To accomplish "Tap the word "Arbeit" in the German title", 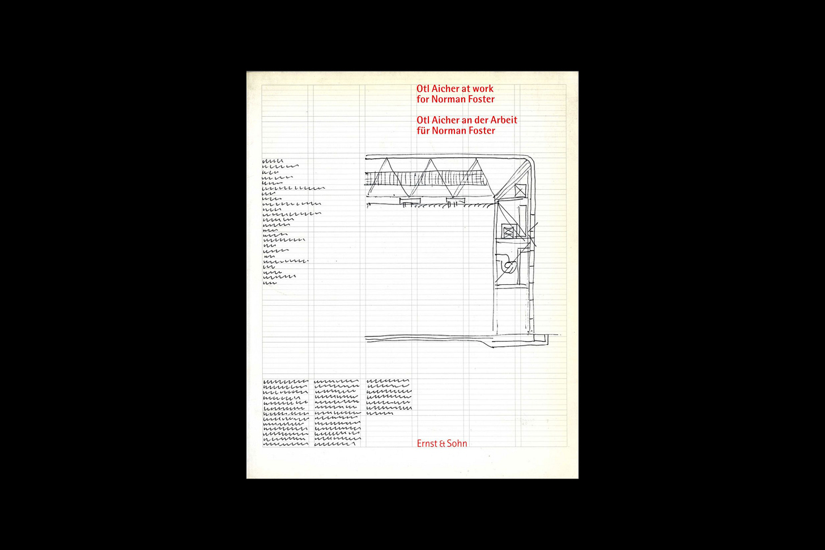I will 504,120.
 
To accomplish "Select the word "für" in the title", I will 423,131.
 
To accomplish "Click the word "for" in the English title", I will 423,100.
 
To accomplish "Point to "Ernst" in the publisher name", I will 427,444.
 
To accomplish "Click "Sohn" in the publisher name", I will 457,444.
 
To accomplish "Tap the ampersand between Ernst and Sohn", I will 442,444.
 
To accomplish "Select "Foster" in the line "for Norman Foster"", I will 481,100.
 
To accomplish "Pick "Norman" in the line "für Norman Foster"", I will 448,131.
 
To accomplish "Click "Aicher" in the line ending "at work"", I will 445,89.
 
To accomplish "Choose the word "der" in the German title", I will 481,120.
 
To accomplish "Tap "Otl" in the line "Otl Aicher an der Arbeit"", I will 423,120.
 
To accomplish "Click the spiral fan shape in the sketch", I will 508,266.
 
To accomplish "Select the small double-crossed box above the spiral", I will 508,232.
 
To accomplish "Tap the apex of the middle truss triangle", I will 432,159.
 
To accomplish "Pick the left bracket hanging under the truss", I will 408,202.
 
